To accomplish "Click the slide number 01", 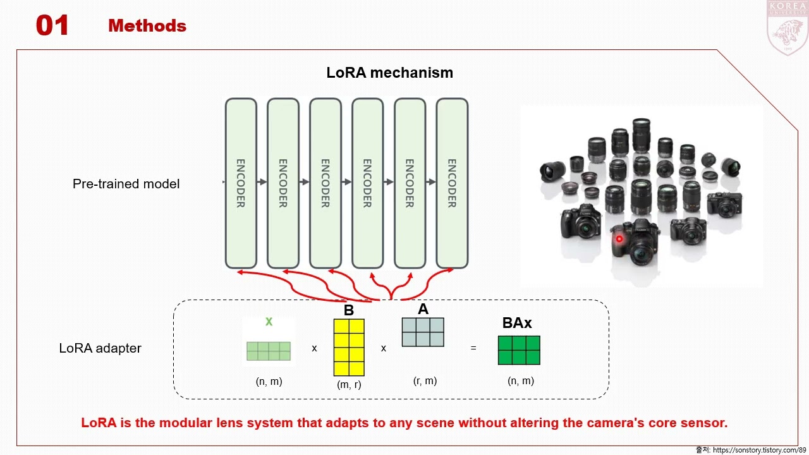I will tap(52, 26).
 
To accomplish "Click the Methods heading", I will tap(147, 26).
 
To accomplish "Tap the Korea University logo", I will tap(787, 28).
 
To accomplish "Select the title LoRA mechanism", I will tap(389, 73).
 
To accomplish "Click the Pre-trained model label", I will tap(126, 184).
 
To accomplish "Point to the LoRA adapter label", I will tap(100, 348).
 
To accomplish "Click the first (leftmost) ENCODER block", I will tap(241, 183).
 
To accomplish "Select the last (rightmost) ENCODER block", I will tap(452, 183).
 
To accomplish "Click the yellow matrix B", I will tap(349, 347).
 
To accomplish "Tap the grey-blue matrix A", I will tap(423, 332).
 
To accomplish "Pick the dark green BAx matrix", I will tap(519, 350).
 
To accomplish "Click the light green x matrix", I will tap(269, 351).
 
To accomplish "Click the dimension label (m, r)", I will tap(349, 384).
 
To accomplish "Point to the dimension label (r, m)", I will tap(425, 380).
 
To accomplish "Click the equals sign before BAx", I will tap(473, 348).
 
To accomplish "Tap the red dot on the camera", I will tap(619, 239).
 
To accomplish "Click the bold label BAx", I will tap(517, 323).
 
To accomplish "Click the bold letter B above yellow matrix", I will tap(349, 311).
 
